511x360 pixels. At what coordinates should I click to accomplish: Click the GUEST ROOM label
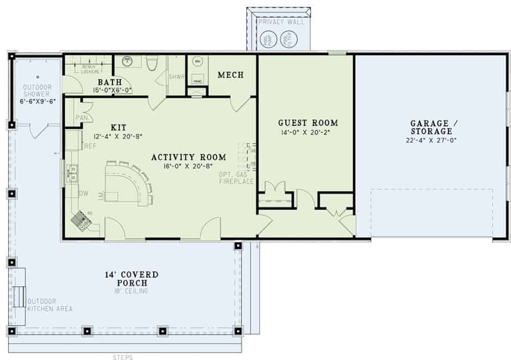point(308,123)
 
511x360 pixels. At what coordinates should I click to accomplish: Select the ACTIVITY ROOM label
point(182,157)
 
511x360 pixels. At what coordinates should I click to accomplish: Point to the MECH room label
point(230,75)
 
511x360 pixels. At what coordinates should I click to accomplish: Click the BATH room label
point(110,82)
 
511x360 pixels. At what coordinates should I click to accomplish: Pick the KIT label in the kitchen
point(119,127)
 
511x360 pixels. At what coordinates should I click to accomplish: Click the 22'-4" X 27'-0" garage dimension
point(430,140)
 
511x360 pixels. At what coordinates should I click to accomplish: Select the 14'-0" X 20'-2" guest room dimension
point(308,132)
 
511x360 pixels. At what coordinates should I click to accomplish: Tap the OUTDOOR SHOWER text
point(36,91)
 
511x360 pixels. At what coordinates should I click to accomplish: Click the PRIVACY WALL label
point(281,22)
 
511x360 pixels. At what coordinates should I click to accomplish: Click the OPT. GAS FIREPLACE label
point(237,178)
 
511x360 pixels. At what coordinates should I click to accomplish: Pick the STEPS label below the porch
point(123,357)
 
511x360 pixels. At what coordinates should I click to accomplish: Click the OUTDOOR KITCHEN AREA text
point(50,305)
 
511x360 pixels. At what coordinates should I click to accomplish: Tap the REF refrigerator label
point(90,146)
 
